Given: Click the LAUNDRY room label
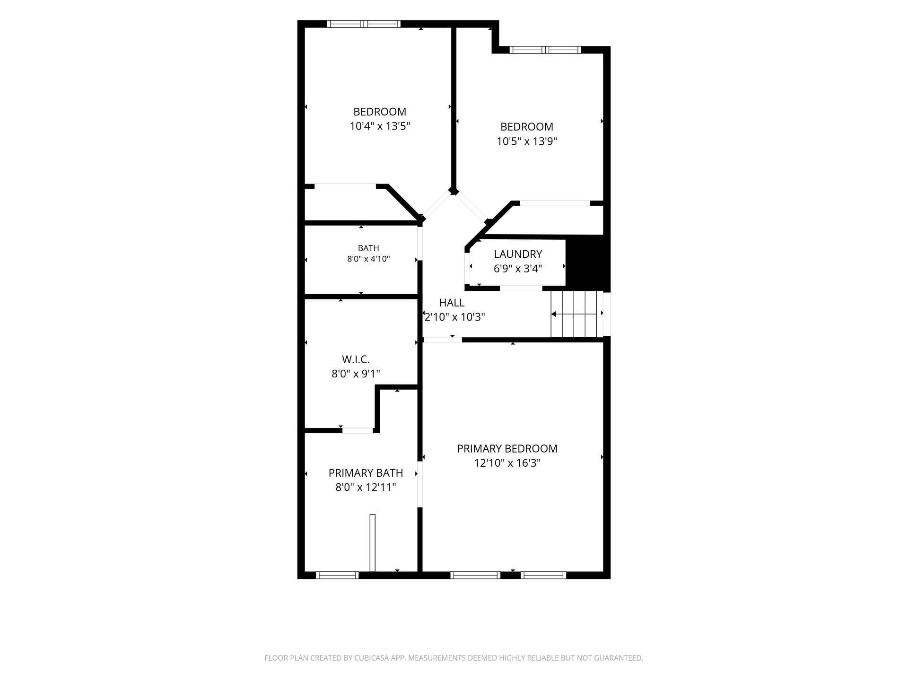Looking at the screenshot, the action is click(x=518, y=254).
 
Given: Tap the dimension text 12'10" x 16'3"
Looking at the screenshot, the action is click(x=507, y=463).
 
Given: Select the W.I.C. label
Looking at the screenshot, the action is click(x=356, y=359).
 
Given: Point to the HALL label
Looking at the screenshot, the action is click(x=452, y=303).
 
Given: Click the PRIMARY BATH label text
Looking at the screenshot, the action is click(x=366, y=473).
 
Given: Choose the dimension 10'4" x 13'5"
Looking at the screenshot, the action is click(x=380, y=126).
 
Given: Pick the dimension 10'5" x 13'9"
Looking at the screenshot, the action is click(x=527, y=141).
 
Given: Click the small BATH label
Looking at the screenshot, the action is click(x=368, y=248).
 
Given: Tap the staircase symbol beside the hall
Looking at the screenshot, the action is click(x=577, y=314).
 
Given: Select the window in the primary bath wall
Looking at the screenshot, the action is click(x=337, y=575).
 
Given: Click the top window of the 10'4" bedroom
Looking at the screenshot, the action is click(x=364, y=24).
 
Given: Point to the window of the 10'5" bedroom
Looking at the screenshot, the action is click(x=545, y=50).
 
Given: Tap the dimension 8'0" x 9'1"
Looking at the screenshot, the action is click(x=356, y=374).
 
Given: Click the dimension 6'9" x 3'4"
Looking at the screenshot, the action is click(x=518, y=269).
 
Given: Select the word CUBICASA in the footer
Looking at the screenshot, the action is click(x=372, y=658).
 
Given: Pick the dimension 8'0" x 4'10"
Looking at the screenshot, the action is click(x=368, y=259).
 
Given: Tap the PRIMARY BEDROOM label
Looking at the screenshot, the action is click(x=507, y=448).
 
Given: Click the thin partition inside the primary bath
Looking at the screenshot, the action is click(x=372, y=543).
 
